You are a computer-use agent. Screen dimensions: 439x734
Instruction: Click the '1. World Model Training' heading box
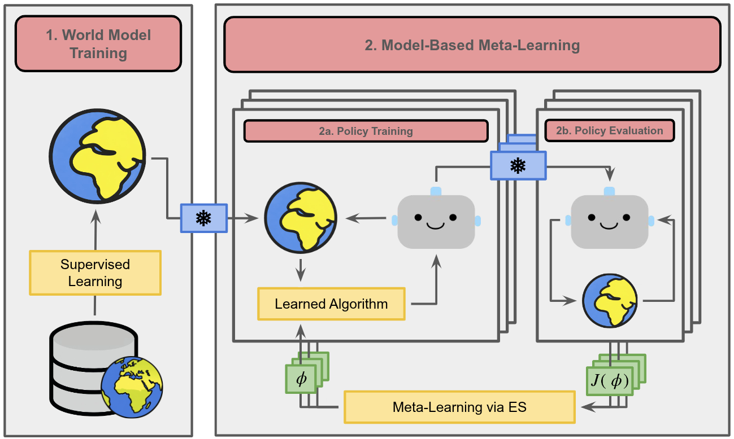click(98, 44)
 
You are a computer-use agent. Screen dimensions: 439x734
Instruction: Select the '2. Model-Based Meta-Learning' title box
click(472, 45)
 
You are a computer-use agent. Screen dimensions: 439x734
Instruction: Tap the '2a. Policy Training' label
click(365, 131)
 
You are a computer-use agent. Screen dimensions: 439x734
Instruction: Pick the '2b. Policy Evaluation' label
click(609, 130)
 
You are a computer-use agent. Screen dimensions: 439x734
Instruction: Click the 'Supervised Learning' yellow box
click(95, 273)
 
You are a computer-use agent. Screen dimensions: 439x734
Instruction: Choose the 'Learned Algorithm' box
click(331, 304)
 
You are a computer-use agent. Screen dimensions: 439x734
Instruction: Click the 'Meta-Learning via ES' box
click(459, 407)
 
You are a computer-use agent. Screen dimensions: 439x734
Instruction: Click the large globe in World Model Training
click(97, 153)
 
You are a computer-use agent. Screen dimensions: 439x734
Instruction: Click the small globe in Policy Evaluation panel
click(610, 301)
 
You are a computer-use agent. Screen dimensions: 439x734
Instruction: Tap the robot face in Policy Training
click(436, 221)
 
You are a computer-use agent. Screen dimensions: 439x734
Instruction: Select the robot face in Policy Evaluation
click(609, 221)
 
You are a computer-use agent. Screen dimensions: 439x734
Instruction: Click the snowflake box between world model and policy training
click(203, 218)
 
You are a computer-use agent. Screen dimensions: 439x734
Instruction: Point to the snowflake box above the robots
click(518, 165)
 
